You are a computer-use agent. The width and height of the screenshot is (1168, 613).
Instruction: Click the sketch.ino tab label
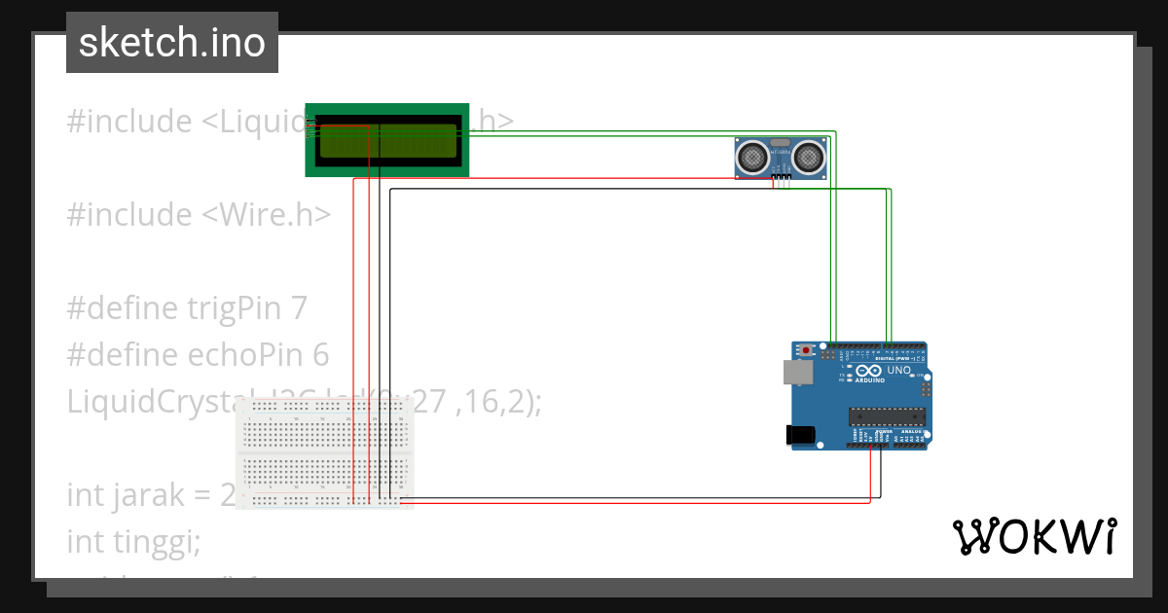click(x=172, y=43)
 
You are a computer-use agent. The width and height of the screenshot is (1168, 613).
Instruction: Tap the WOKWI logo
click(x=1034, y=536)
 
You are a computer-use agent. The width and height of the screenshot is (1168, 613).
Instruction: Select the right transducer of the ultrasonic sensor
click(x=810, y=155)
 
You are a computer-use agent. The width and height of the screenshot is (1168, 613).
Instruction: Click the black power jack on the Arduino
click(x=800, y=435)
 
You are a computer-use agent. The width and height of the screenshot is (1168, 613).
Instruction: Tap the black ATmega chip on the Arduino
click(x=884, y=416)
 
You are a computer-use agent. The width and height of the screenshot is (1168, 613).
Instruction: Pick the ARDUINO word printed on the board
click(x=871, y=380)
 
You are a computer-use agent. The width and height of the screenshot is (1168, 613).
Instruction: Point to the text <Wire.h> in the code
click(x=267, y=214)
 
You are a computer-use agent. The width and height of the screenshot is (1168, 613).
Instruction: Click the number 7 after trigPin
click(x=299, y=308)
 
